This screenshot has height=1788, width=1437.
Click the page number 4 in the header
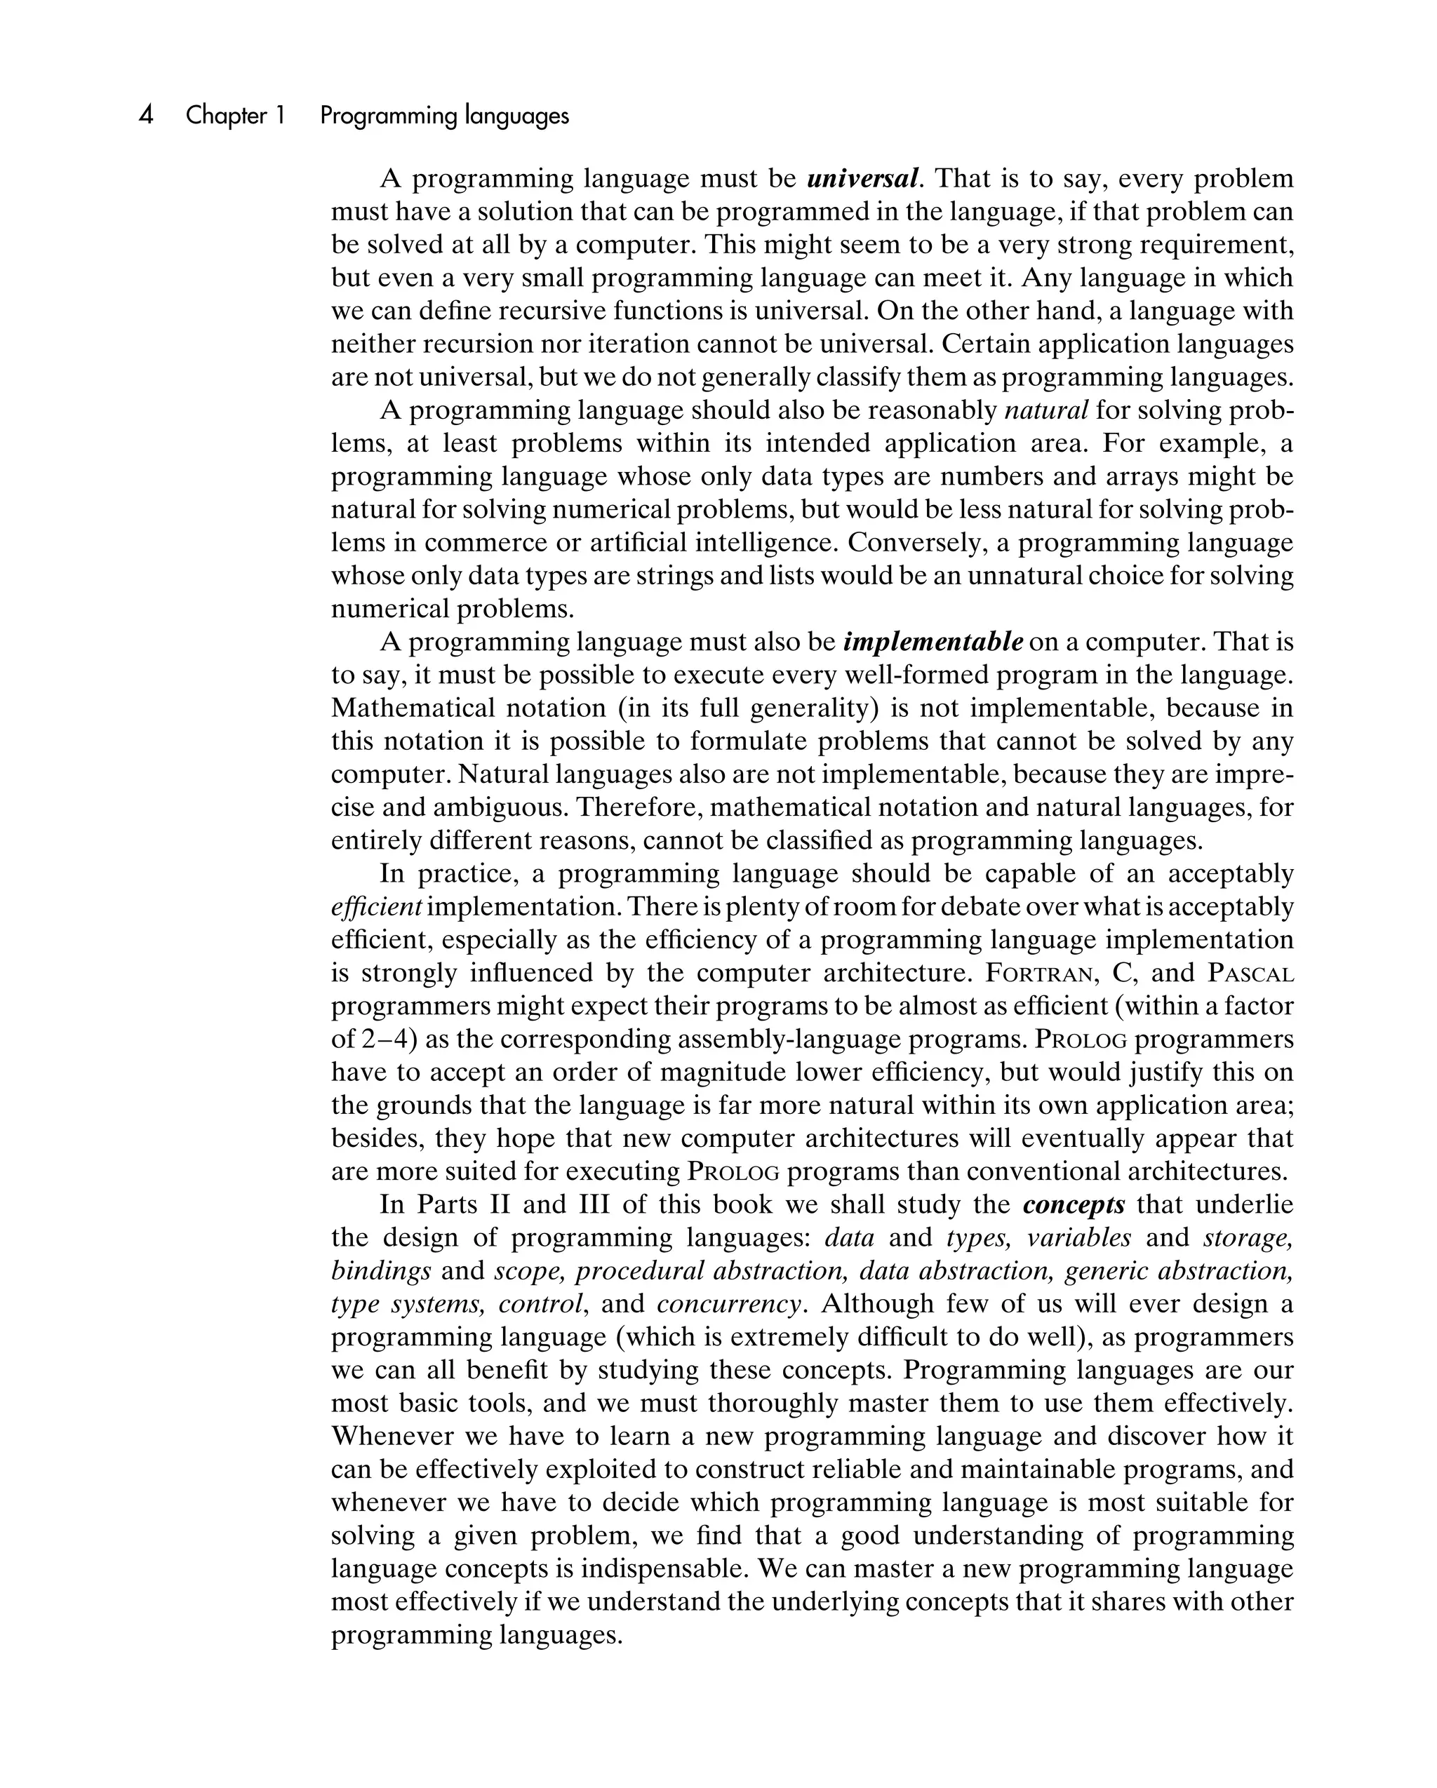[146, 114]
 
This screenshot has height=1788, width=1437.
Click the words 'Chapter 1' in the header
[235, 115]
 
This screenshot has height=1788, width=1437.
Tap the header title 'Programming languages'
[444, 115]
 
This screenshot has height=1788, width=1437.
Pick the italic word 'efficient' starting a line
[377, 906]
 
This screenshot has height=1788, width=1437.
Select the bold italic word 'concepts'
[1074, 1204]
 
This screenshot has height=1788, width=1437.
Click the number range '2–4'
[387, 1039]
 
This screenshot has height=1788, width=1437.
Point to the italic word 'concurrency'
[729, 1304]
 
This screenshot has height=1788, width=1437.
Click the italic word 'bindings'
[381, 1270]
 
